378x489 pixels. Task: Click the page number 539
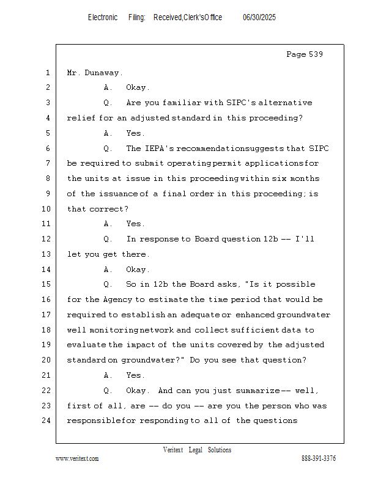(316, 54)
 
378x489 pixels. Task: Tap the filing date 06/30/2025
(259, 18)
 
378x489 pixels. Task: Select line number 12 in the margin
(48, 239)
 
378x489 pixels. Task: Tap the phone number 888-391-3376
(319, 458)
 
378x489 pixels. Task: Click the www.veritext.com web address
(77, 458)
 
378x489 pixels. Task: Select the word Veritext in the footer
(173, 450)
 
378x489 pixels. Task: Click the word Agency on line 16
(116, 300)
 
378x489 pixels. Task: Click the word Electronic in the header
(103, 18)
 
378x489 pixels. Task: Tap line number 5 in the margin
(48, 133)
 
